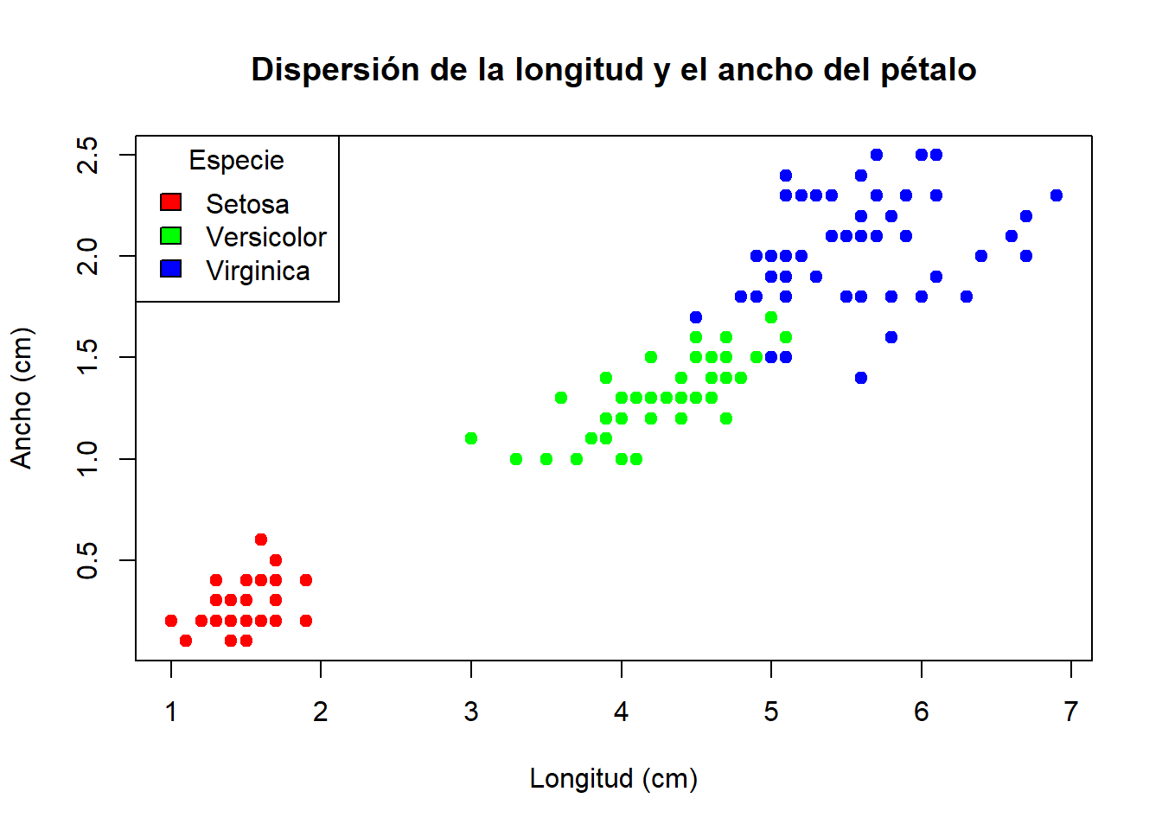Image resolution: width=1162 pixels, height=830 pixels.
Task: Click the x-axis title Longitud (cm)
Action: tap(613, 778)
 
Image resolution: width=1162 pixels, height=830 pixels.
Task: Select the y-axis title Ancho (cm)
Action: tap(21, 398)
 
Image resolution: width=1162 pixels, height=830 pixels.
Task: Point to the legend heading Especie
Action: tap(236, 161)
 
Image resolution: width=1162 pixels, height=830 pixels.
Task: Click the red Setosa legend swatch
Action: tap(171, 202)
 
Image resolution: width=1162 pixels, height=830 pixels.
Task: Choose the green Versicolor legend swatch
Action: tap(171, 236)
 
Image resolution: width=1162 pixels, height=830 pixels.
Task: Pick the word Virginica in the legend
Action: tap(258, 271)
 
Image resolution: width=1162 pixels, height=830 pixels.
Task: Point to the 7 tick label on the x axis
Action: tap(1071, 712)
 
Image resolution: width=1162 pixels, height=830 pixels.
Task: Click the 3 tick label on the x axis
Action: tap(471, 712)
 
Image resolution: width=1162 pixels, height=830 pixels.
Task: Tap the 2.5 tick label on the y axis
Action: tap(88, 156)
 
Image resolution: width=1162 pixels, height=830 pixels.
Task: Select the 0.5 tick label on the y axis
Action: tap(88, 560)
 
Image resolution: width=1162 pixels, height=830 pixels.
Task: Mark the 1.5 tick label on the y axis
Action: tap(88, 357)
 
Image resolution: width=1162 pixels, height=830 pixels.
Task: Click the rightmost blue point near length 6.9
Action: tap(1057, 195)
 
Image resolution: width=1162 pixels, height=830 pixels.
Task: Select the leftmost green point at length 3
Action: tap(471, 438)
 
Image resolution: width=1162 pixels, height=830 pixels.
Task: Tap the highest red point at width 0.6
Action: tap(261, 539)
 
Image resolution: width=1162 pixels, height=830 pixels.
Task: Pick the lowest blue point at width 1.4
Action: tap(861, 378)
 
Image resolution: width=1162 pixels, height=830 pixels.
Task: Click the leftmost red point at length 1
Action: tap(171, 621)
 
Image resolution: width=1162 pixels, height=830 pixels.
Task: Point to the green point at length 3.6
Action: tap(561, 398)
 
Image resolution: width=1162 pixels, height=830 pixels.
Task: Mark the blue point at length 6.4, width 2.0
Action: tap(981, 256)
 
